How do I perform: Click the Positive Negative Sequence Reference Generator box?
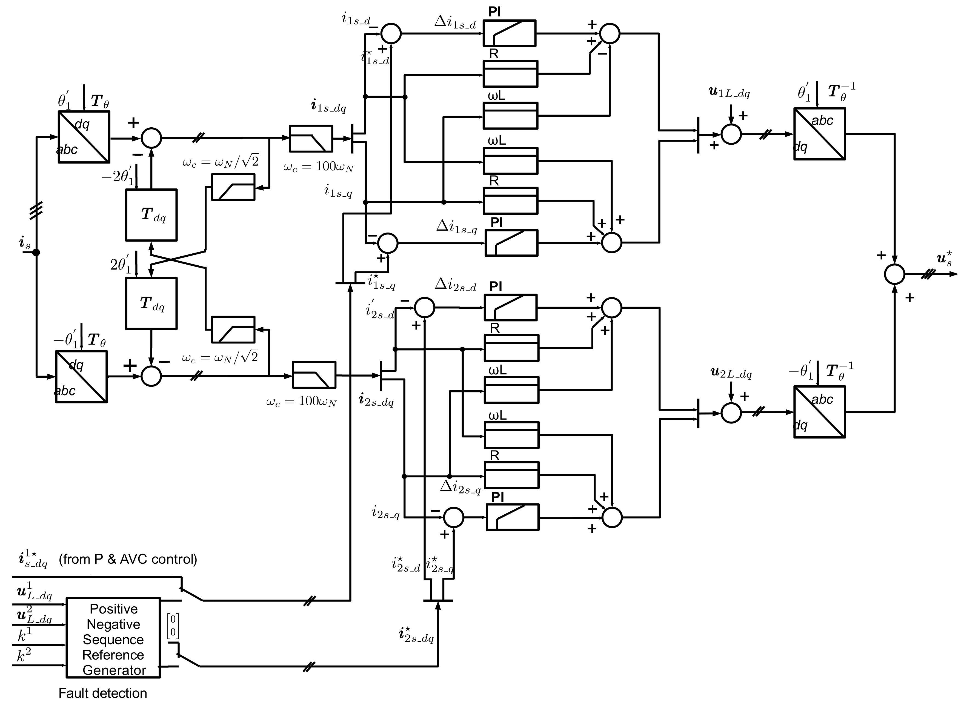tap(113, 639)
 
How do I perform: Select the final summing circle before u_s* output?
tap(894, 274)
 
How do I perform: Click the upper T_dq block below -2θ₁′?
tap(151, 215)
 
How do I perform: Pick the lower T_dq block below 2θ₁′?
tap(151, 303)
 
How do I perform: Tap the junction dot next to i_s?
tap(36, 253)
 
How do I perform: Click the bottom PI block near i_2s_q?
tap(512, 517)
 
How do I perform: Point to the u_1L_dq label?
tap(729, 93)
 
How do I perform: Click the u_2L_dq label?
tap(731, 373)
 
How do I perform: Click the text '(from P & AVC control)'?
tap(128, 559)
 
